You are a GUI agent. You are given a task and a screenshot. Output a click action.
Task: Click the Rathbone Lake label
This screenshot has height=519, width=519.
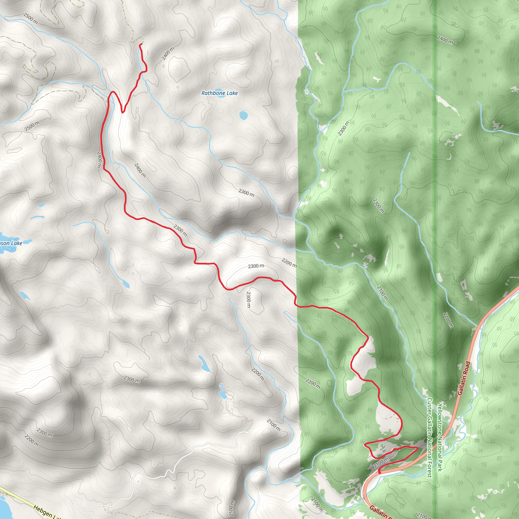point(219,93)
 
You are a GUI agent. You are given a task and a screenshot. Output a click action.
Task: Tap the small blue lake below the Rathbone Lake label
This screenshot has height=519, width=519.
point(243,116)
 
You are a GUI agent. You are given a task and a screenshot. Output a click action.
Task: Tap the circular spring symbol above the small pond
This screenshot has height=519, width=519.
point(221,386)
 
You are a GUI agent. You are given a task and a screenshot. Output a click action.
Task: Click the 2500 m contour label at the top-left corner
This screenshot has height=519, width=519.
point(30,18)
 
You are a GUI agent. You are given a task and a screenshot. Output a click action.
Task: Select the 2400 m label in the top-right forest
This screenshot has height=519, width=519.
point(445,40)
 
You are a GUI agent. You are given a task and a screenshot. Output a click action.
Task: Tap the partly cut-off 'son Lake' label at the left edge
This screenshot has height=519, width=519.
point(11,243)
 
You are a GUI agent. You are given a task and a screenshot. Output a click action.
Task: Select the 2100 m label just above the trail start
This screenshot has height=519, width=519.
point(381,463)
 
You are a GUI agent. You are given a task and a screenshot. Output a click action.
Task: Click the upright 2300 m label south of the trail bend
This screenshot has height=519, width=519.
point(249,300)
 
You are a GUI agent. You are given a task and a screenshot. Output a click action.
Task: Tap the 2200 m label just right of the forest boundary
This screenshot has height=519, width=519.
point(313,384)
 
